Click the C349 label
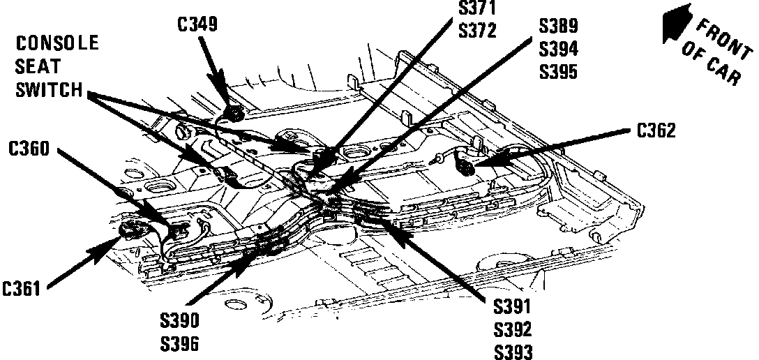point(198,26)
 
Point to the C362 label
point(656,130)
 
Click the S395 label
point(558,71)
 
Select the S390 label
point(179,320)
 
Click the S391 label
point(513,308)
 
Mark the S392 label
point(513,330)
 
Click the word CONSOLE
point(57,44)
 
